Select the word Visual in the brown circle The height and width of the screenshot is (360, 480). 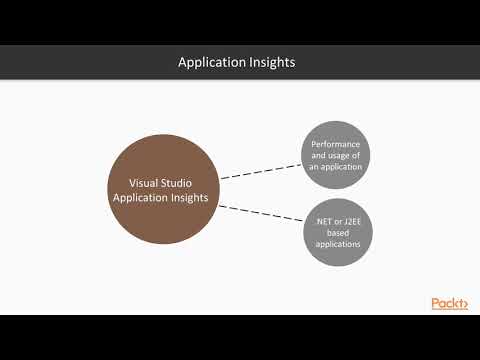[146, 183]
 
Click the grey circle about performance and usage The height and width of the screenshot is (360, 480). [336, 155]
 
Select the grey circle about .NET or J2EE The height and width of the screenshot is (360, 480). [336, 233]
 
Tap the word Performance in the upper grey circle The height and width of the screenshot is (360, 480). [336, 144]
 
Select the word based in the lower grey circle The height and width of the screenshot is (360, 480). [336, 232]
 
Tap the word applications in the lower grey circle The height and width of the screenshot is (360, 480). [336, 243]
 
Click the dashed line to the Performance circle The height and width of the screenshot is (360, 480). [260, 171]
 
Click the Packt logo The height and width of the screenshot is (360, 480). [449, 303]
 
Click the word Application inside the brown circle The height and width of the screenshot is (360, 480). [138, 198]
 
